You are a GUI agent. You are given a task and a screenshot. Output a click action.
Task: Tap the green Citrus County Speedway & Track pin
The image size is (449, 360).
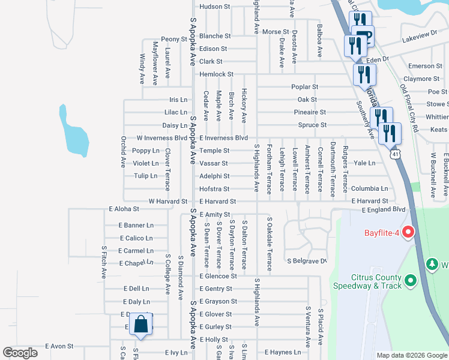tap(410, 280)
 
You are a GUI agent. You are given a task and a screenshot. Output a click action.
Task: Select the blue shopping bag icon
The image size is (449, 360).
tap(140, 324)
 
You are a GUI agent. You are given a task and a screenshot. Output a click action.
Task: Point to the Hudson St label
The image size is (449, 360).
tap(215, 7)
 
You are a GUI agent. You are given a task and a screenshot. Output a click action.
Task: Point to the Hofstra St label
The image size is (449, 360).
tap(214, 189)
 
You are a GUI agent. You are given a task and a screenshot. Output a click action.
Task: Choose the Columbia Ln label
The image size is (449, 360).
tap(370, 188)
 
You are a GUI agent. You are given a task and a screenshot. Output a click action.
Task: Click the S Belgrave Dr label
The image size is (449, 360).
tap(306, 261)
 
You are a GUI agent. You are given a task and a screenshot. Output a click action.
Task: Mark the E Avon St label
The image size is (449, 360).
tap(59, 346)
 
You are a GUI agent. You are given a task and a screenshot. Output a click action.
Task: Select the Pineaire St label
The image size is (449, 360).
tap(310, 112)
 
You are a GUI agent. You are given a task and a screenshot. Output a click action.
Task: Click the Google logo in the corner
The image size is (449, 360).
tap(20, 353)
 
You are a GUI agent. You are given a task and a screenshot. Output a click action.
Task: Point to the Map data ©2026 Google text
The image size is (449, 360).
tap(411, 355)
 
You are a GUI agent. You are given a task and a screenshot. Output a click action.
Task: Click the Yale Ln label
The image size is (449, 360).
tap(364, 163)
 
